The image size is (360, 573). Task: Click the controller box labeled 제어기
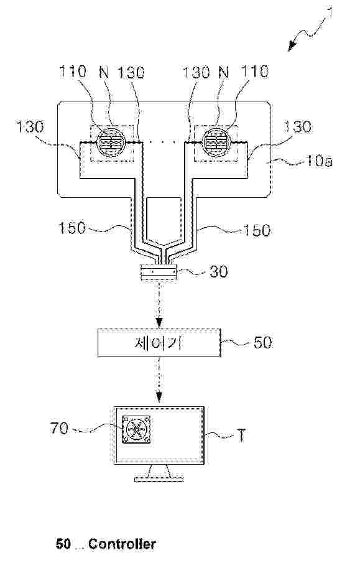click(159, 342)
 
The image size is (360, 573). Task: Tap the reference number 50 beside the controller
click(262, 342)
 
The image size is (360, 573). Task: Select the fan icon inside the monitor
click(136, 429)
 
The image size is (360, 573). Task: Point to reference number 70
click(59, 428)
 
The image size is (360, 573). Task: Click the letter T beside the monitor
click(241, 436)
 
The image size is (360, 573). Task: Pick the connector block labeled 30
click(159, 273)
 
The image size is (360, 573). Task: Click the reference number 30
click(218, 271)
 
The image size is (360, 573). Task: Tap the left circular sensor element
click(111, 142)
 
